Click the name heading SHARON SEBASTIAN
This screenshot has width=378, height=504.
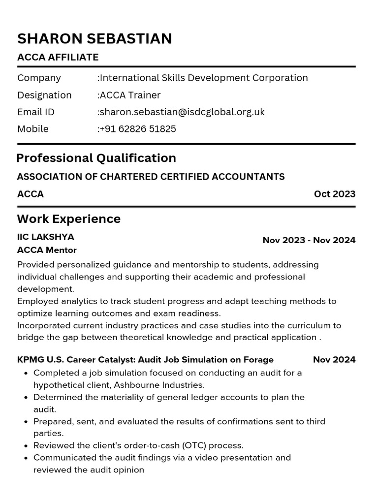pos(94,38)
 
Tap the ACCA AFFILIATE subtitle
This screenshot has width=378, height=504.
pos(58,57)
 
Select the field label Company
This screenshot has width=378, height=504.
pos(39,78)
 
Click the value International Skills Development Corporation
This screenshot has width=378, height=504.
pos(203,78)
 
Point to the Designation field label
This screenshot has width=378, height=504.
pos(44,95)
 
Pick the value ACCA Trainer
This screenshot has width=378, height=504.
pos(129,95)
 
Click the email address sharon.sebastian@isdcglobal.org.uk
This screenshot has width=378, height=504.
pos(181,112)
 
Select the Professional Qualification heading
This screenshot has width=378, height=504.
pos(96,158)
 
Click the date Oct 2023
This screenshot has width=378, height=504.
pos(334,194)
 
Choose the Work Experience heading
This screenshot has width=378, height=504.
pos(68,219)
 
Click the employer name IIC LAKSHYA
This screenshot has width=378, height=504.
pos(45,237)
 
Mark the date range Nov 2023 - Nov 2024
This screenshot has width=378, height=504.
pos(309,240)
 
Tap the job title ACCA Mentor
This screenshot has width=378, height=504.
pos(47,250)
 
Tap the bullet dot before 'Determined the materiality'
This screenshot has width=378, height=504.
pos(25,397)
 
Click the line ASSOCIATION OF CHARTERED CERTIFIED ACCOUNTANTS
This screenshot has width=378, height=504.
pos(151,177)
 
